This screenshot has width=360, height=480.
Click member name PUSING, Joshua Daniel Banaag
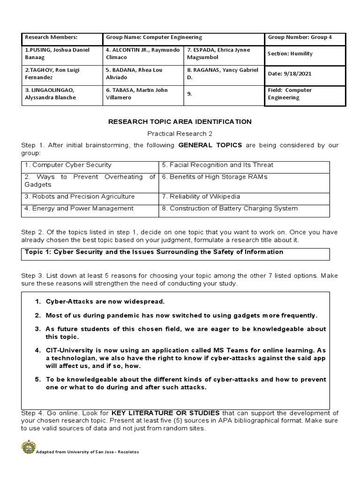62,53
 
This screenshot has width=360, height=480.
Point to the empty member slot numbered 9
224,94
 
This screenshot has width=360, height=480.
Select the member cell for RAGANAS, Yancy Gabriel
223,74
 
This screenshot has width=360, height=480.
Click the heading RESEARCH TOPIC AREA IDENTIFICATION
180,121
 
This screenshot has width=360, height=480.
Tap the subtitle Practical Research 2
180,134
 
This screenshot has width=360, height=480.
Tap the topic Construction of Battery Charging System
230,209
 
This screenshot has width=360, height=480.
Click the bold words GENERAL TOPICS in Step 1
210,145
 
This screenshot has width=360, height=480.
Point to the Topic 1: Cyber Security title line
154,252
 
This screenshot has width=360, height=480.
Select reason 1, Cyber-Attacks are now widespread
105,301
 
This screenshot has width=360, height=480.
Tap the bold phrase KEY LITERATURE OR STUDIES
165,413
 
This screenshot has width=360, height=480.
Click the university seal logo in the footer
29,447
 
